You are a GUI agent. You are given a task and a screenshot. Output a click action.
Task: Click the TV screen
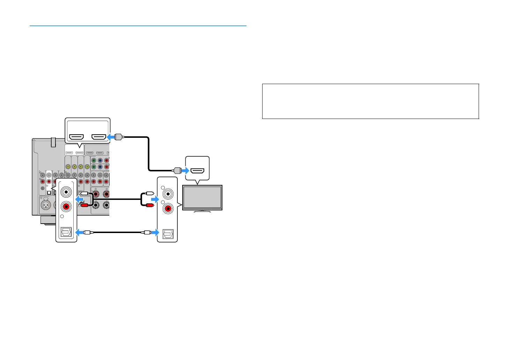coord(202,198)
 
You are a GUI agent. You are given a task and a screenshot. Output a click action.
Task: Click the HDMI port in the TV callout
coord(198,171)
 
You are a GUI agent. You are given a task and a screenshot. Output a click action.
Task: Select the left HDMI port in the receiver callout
coord(76,137)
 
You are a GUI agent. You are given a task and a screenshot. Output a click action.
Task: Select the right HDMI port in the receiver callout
coord(98,137)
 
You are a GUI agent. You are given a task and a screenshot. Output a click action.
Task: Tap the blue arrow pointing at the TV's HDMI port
coord(185,171)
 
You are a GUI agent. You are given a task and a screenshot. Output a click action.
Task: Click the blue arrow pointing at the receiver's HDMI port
coord(111,137)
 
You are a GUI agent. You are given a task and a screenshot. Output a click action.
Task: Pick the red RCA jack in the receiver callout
coord(66,207)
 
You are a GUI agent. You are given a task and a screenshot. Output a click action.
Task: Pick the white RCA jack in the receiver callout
coord(66,192)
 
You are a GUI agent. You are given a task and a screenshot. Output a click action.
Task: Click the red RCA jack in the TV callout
coord(168,209)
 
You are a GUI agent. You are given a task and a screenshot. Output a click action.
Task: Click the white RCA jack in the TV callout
coord(168,194)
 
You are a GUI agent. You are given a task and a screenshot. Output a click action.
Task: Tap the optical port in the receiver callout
coord(66,232)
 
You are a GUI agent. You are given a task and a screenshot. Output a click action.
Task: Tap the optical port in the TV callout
coord(168,232)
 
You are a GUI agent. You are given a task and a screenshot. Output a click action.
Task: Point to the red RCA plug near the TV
coord(149,205)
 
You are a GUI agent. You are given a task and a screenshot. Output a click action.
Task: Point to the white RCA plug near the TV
coord(149,193)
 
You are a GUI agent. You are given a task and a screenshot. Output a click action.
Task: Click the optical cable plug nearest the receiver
coord(87,232)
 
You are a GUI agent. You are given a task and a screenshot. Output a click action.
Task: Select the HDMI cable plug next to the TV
coord(177,171)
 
